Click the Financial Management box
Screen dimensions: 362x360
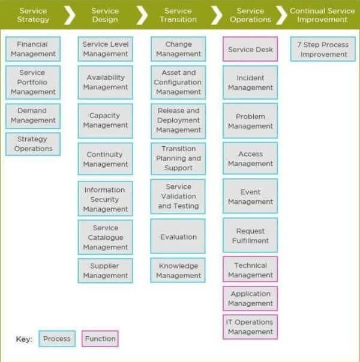(33, 49)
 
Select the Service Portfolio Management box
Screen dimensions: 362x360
(33, 82)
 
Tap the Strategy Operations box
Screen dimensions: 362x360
(33, 144)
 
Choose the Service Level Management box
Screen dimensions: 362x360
(106, 49)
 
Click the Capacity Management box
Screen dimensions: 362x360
(106, 120)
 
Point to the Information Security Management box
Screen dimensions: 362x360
(106, 199)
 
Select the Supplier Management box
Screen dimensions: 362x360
(106, 271)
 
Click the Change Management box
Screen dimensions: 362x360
(178, 49)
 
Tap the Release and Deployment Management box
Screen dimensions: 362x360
(178, 120)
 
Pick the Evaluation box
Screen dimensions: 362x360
(178, 237)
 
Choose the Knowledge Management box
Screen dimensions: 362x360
(178, 271)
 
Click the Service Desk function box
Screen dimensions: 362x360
(250, 49)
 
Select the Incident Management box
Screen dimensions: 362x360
(250, 83)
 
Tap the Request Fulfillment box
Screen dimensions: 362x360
(250, 236)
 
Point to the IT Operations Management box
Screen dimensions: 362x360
(250, 327)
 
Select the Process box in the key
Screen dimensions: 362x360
(57, 339)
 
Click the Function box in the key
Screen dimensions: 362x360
(100, 339)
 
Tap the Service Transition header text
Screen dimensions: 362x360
(178, 15)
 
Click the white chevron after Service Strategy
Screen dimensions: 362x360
(70, 15)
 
